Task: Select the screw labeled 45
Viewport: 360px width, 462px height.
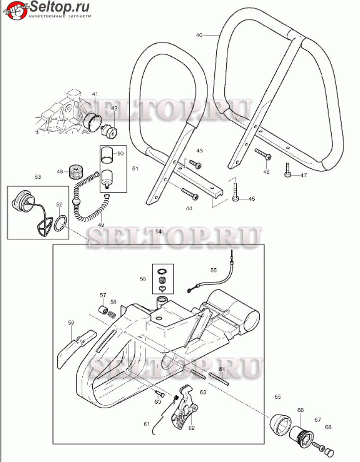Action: pyautogui.click(x=235, y=191)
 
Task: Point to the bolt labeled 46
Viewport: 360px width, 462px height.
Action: pyautogui.click(x=263, y=154)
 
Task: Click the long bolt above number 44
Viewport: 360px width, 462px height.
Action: pyautogui.click(x=191, y=193)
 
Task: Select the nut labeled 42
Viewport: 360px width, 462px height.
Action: pyautogui.click(x=109, y=131)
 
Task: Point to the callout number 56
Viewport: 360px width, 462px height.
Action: pyautogui.click(x=143, y=279)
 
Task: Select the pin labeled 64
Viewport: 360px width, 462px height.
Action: pyautogui.click(x=220, y=378)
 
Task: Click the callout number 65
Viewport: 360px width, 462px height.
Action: pyautogui.click(x=278, y=397)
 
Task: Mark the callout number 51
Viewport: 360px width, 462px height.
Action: pyautogui.click(x=135, y=169)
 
